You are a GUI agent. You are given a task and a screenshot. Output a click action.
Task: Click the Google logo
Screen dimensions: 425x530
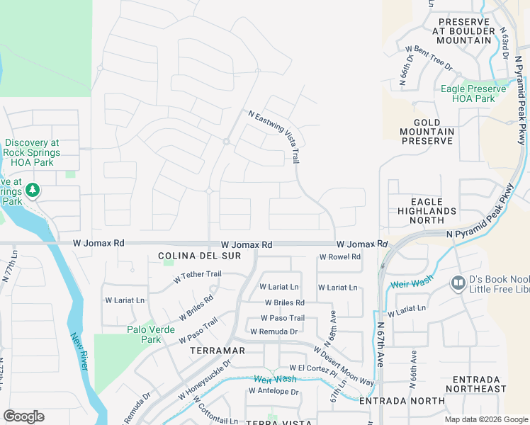coord(23,416)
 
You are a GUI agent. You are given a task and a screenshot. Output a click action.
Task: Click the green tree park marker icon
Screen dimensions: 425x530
coord(32,191)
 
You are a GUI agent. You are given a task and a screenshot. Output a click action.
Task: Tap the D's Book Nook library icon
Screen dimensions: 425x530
coord(458,284)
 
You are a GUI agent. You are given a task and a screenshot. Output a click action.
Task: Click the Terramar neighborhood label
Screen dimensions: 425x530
coord(218,351)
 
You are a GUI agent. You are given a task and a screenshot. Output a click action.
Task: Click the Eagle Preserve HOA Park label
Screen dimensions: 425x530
coord(473,93)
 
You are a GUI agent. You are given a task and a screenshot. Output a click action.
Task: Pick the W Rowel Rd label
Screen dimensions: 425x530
coord(340,257)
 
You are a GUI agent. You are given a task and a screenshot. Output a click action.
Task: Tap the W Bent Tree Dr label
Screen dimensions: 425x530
coord(429,58)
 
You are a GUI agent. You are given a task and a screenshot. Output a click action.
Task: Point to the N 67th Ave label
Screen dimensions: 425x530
coord(380,344)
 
